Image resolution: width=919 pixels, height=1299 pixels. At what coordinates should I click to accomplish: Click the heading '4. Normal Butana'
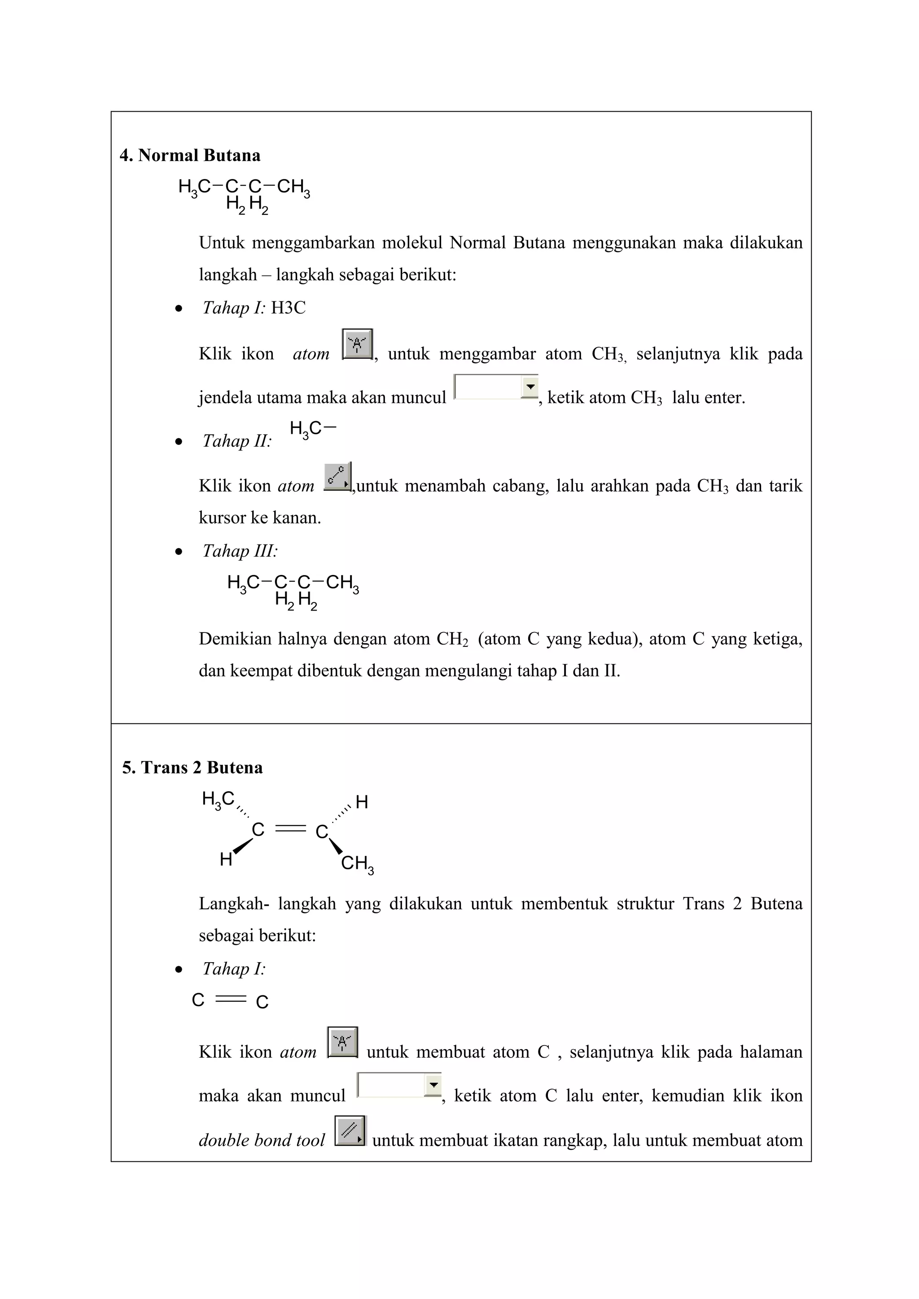[190, 156]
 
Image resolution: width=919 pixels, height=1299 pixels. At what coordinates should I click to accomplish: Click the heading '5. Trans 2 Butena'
[193, 768]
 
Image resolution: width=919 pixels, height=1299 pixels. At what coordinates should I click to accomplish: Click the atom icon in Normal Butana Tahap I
[357, 344]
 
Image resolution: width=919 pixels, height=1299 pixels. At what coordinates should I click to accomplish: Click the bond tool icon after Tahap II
[337, 476]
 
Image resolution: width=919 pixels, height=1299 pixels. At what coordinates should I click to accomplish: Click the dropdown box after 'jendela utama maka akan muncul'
[496, 387]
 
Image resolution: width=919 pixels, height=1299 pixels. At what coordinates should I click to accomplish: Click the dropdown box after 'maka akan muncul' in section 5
[398, 1085]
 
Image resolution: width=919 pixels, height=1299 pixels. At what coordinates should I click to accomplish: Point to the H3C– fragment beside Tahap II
[312, 429]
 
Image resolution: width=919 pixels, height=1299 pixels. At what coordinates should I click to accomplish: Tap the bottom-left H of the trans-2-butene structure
[226, 860]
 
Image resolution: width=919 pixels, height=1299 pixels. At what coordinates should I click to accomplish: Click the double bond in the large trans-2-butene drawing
[290, 829]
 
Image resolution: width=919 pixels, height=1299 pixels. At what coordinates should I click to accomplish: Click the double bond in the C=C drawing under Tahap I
[231, 1000]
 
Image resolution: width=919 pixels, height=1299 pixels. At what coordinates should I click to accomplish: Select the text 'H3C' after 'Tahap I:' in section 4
[288, 308]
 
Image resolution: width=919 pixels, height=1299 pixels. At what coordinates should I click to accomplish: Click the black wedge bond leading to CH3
[336, 846]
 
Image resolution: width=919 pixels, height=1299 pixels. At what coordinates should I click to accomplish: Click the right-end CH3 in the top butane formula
[293, 187]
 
